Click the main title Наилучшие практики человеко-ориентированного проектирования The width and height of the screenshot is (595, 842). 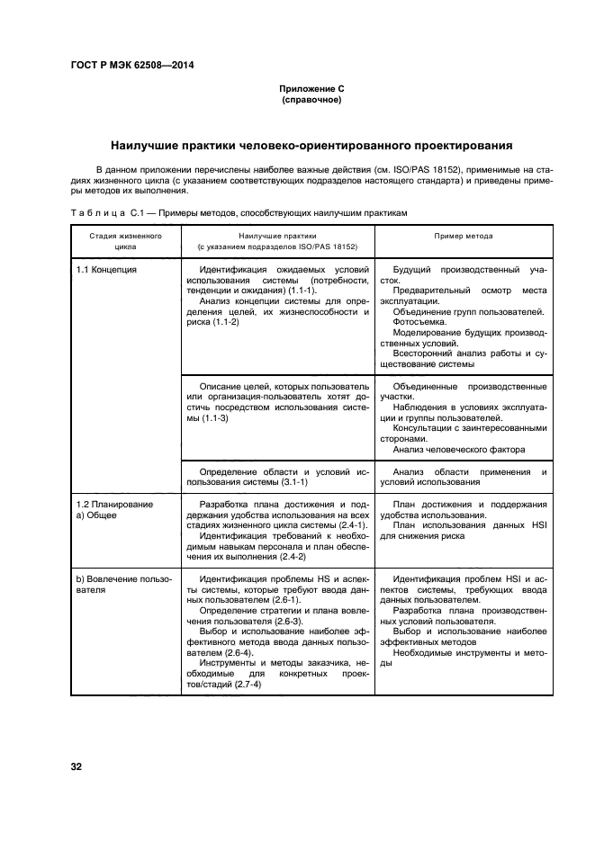(311, 144)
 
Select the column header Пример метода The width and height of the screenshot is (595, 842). (464, 235)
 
